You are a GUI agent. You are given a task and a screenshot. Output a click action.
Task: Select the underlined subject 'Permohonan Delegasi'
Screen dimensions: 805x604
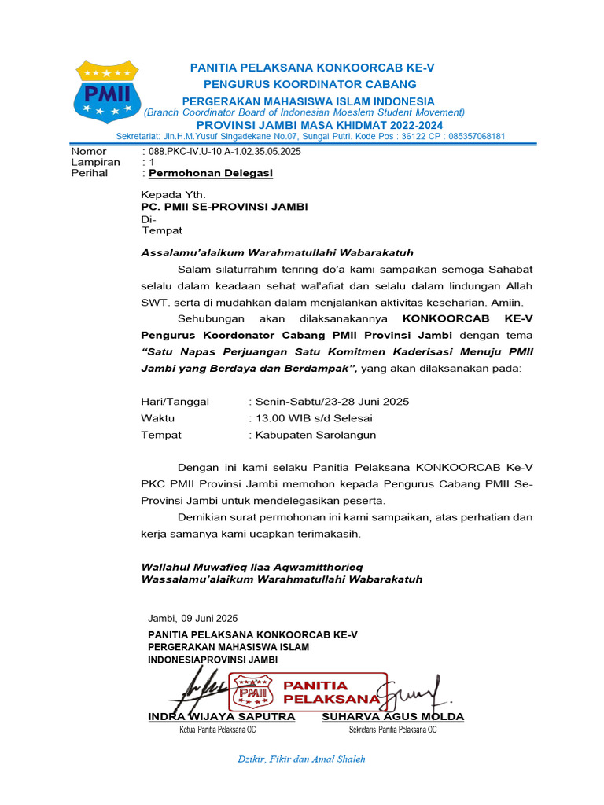tap(211, 173)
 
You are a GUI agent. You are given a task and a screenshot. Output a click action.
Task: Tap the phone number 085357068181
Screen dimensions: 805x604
tap(470, 136)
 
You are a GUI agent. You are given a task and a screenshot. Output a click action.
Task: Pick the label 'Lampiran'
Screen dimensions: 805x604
tap(95, 162)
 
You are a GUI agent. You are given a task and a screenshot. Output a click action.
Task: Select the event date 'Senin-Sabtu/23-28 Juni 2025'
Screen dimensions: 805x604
tap(330, 402)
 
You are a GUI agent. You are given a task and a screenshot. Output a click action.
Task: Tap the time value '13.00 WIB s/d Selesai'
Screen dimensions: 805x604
tap(312, 418)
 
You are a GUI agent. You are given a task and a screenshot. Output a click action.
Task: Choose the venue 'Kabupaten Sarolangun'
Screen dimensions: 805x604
tap(314, 435)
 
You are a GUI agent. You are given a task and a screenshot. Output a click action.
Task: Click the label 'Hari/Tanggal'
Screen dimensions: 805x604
tap(175, 402)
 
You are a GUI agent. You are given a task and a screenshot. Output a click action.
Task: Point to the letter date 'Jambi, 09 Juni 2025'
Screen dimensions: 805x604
tap(193, 619)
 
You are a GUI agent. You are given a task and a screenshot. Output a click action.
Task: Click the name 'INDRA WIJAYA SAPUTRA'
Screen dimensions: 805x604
tap(222, 717)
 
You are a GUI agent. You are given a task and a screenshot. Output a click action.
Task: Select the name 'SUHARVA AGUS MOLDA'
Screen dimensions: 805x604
tap(392, 717)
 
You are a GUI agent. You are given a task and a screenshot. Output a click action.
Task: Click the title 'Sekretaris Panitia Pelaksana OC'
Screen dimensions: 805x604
tap(392, 730)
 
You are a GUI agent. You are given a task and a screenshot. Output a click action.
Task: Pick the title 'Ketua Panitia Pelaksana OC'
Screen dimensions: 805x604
tap(218, 730)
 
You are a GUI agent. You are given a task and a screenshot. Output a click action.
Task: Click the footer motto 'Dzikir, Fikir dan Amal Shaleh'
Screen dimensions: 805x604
tap(302, 759)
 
